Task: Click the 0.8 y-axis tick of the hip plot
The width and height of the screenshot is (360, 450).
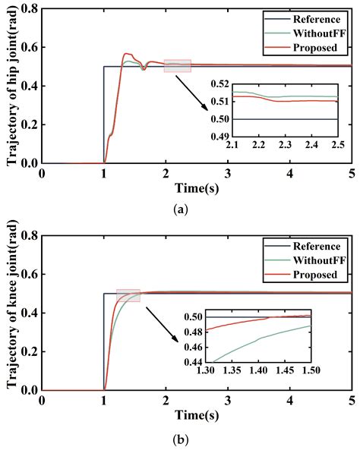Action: point(30,9)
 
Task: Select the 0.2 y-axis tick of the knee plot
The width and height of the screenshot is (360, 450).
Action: point(30,351)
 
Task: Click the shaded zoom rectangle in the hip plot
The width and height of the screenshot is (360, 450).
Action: point(177,66)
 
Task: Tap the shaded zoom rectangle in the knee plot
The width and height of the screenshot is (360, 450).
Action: point(128,295)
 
